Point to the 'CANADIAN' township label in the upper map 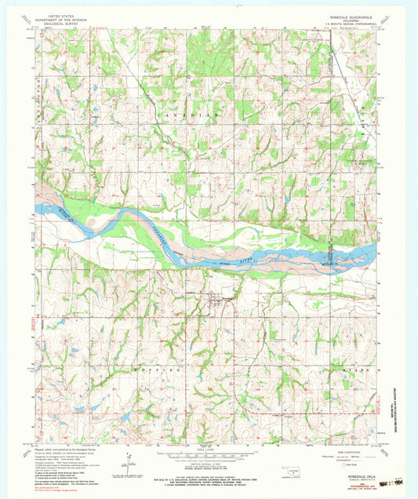(x=185, y=116)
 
